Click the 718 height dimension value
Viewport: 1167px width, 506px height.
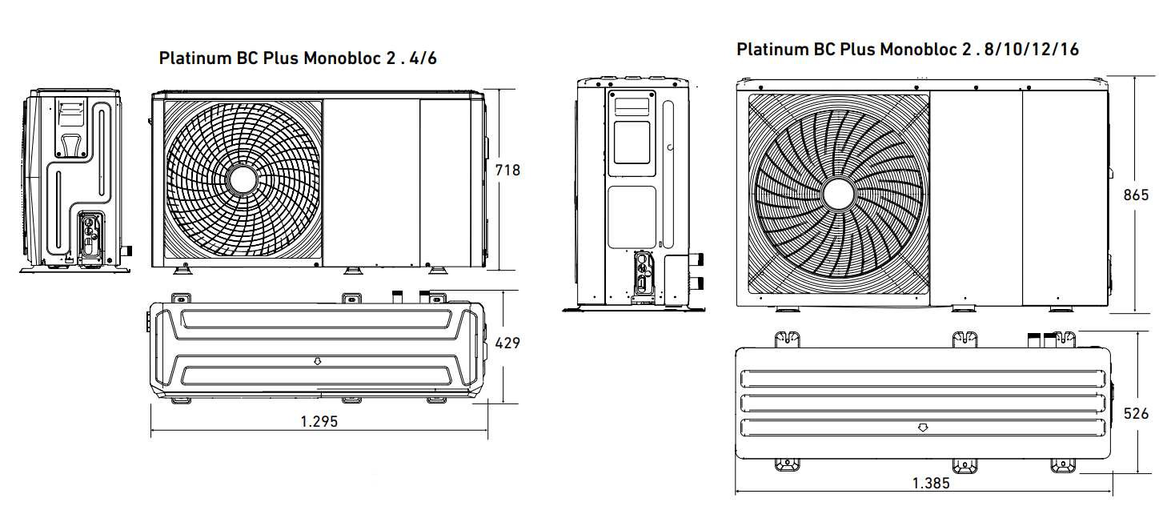coord(507,170)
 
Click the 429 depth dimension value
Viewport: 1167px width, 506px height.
coord(507,343)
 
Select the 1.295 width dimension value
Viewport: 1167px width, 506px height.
coord(319,422)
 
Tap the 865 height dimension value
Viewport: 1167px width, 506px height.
coord(1136,195)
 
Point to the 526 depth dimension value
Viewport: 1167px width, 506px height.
coord(1136,413)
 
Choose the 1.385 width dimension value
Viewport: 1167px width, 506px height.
coord(930,483)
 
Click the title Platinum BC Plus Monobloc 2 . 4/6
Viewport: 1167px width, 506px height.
coord(298,58)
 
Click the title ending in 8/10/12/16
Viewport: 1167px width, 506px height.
coord(907,50)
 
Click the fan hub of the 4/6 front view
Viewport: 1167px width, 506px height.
coord(242,179)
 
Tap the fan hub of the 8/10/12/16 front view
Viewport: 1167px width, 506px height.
coord(838,195)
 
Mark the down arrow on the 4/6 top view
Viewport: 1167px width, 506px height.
coord(317,361)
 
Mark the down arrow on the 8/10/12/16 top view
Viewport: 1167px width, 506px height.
coord(923,428)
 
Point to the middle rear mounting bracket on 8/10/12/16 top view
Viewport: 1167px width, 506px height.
coord(964,339)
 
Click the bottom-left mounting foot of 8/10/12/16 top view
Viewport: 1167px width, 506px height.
coord(787,464)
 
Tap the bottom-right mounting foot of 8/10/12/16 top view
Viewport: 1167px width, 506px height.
coord(1063,464)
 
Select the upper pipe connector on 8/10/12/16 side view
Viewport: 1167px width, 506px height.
coord(698,260)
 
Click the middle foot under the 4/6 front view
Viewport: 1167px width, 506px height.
coord(351,271)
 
